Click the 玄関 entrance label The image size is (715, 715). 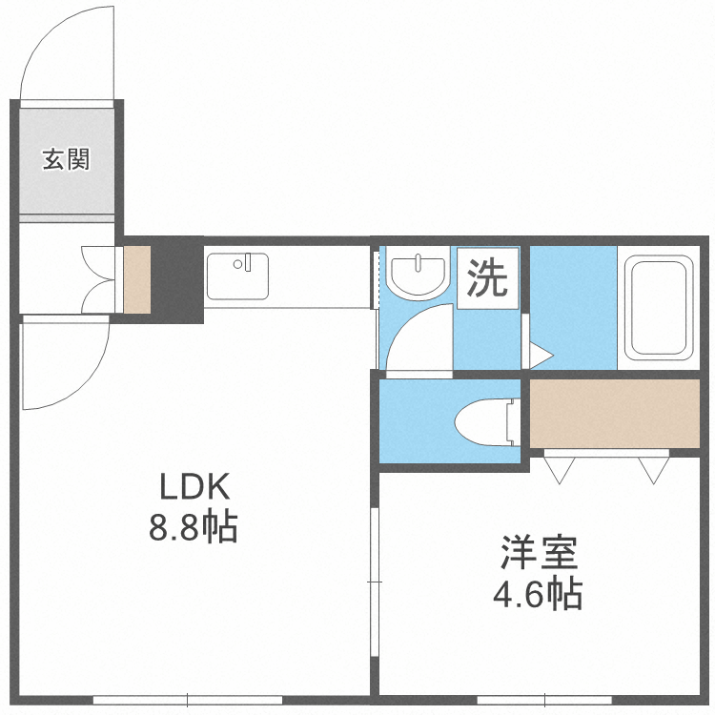pyautogui.click(x=65, y=159)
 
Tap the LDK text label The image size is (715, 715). pyautogui.click(x=194, y=487)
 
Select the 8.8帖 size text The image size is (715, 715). pyautogui.click(x=193, y=527)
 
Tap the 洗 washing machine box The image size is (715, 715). pyautogui.click(x=487, y=277)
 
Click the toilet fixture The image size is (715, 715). pyautogui.click(x=487, y=419)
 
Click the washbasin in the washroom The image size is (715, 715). pyautogui.click(x=419, y=274)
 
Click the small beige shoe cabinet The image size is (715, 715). pyautogui.click(x=137, y=279)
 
